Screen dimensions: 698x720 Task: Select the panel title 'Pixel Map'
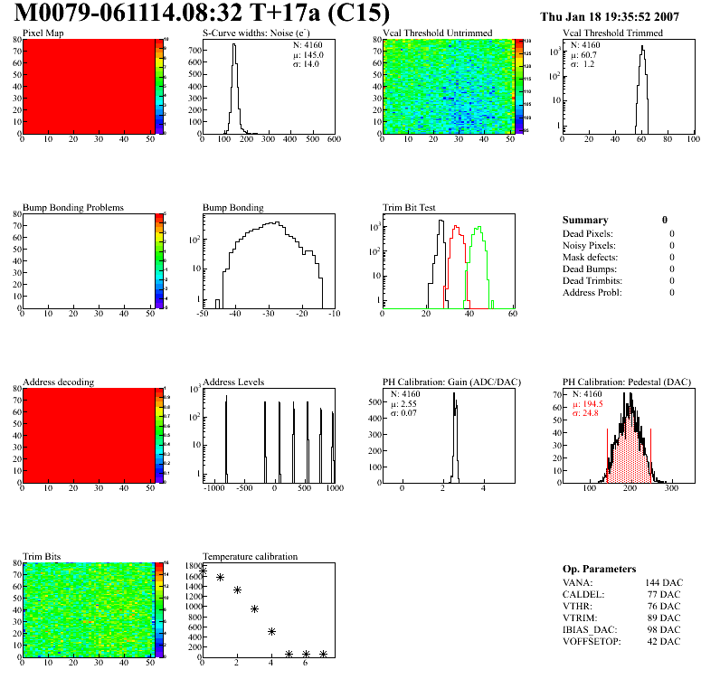pyautogui.click(x=43, y=33)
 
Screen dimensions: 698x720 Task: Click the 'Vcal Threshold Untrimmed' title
pyautogui.click(x=437, y=33)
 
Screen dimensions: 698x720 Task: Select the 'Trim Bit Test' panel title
pyautogui.click(x=410, y=207)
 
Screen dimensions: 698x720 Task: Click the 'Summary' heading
pyautogui.click(x=585, y=220)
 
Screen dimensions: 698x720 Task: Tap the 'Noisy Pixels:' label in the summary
pyautogui.click(x=588, y=245)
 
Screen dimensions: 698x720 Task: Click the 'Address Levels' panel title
pyautogui.click(x=233, y=382)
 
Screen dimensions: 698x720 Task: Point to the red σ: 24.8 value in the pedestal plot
pyautogui.click(x=587, y=413)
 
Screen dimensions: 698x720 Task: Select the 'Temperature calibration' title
pyautogui.click(x=250, y=556)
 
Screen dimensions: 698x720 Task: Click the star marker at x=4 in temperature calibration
pyautogui.click(x=271, y=631)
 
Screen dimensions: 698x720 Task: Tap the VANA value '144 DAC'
pyautogui.click(x=663, y=583)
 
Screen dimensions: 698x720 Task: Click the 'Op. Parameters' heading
pyautogui.click(x=599, y=569)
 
